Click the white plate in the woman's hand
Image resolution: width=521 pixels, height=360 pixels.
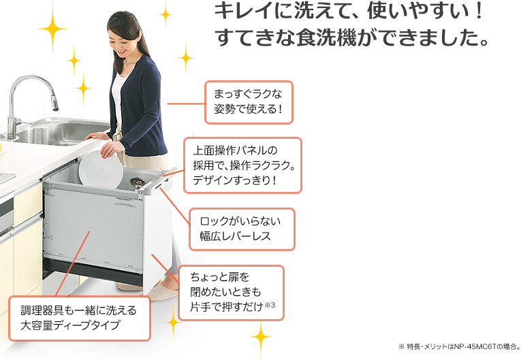click(101, 169)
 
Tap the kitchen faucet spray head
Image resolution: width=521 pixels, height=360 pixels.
click(54, 103)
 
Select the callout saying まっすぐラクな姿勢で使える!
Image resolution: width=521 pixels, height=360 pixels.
click(249, 102)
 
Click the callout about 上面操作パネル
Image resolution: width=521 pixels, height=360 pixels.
click(242, 165)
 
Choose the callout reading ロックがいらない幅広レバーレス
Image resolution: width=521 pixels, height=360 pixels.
click(242, 229)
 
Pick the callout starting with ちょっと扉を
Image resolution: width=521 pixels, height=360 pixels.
click(232, 293)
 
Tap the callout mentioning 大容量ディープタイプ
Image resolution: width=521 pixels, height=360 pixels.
click(80, 318)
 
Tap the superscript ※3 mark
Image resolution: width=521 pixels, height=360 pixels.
click(270, 305)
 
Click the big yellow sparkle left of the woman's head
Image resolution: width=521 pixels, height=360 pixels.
click(52, 29)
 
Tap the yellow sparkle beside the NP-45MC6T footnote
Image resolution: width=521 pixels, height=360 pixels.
click(261, 338)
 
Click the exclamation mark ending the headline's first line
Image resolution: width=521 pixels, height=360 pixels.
click(479, 11)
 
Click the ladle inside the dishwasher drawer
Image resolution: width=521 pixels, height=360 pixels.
click(137, 182)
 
